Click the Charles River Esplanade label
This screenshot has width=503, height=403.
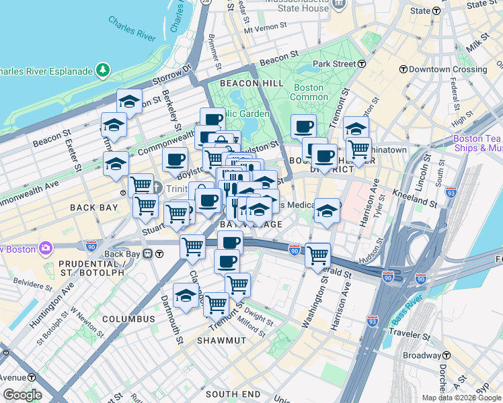[x=46, y=70]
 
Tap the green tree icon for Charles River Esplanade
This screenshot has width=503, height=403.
[x=103, y=70]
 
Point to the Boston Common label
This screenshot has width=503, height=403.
[x=309, y=92]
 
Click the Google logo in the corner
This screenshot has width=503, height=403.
[x=22, y=395]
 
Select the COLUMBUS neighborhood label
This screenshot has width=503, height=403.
[x=129, y=318]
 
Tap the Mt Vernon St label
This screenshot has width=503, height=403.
[x=266, y=30]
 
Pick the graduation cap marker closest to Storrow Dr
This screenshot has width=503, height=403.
[x=129, y=101]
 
